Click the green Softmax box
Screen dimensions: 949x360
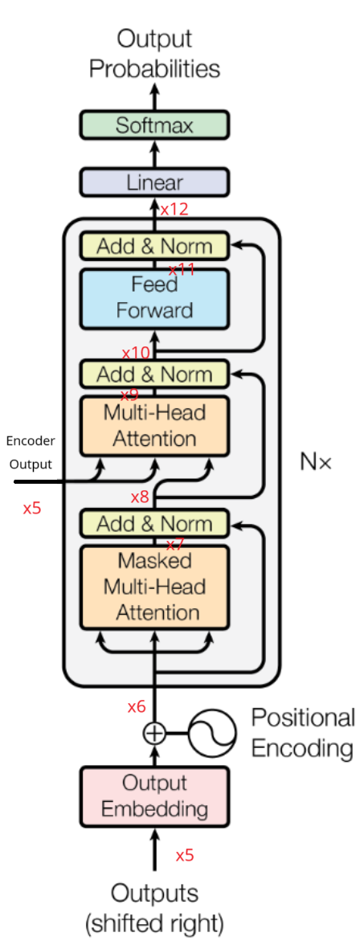click(154, 125)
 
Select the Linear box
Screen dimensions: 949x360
click(154, 182)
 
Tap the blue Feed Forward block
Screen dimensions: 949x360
click(154, 297)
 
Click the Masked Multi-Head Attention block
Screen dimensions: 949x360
click(154, 587)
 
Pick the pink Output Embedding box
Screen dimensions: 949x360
click(154, 796)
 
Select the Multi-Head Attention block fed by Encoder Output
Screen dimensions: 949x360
click(154, 426)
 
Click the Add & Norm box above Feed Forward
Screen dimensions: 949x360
click(154, 246)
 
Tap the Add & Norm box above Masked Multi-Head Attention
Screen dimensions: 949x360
click(154, 524)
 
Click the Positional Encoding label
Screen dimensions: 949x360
click(302, 733)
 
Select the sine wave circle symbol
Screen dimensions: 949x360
click(213, 733)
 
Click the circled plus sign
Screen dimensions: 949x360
click(153, 733)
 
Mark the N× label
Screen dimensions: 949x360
click(315, 462)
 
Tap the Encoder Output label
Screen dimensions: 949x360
click(31, 452)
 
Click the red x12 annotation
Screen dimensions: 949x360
click(174, 210)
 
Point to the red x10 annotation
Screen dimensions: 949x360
click(136, 353)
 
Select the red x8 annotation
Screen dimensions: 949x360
click(140, 497)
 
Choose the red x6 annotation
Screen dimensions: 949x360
click(137, 707)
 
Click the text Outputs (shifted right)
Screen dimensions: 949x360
click(154, 906)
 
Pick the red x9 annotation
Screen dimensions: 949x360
click(129, 395)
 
